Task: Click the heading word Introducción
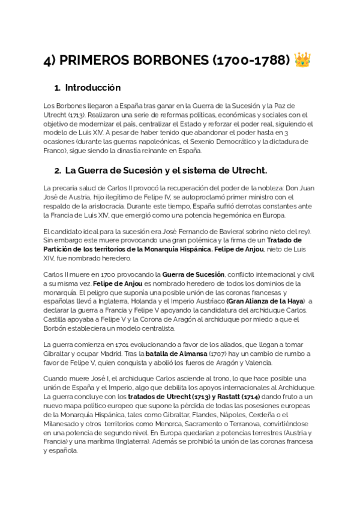point(92,88)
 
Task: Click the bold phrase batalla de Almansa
point(179,354)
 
